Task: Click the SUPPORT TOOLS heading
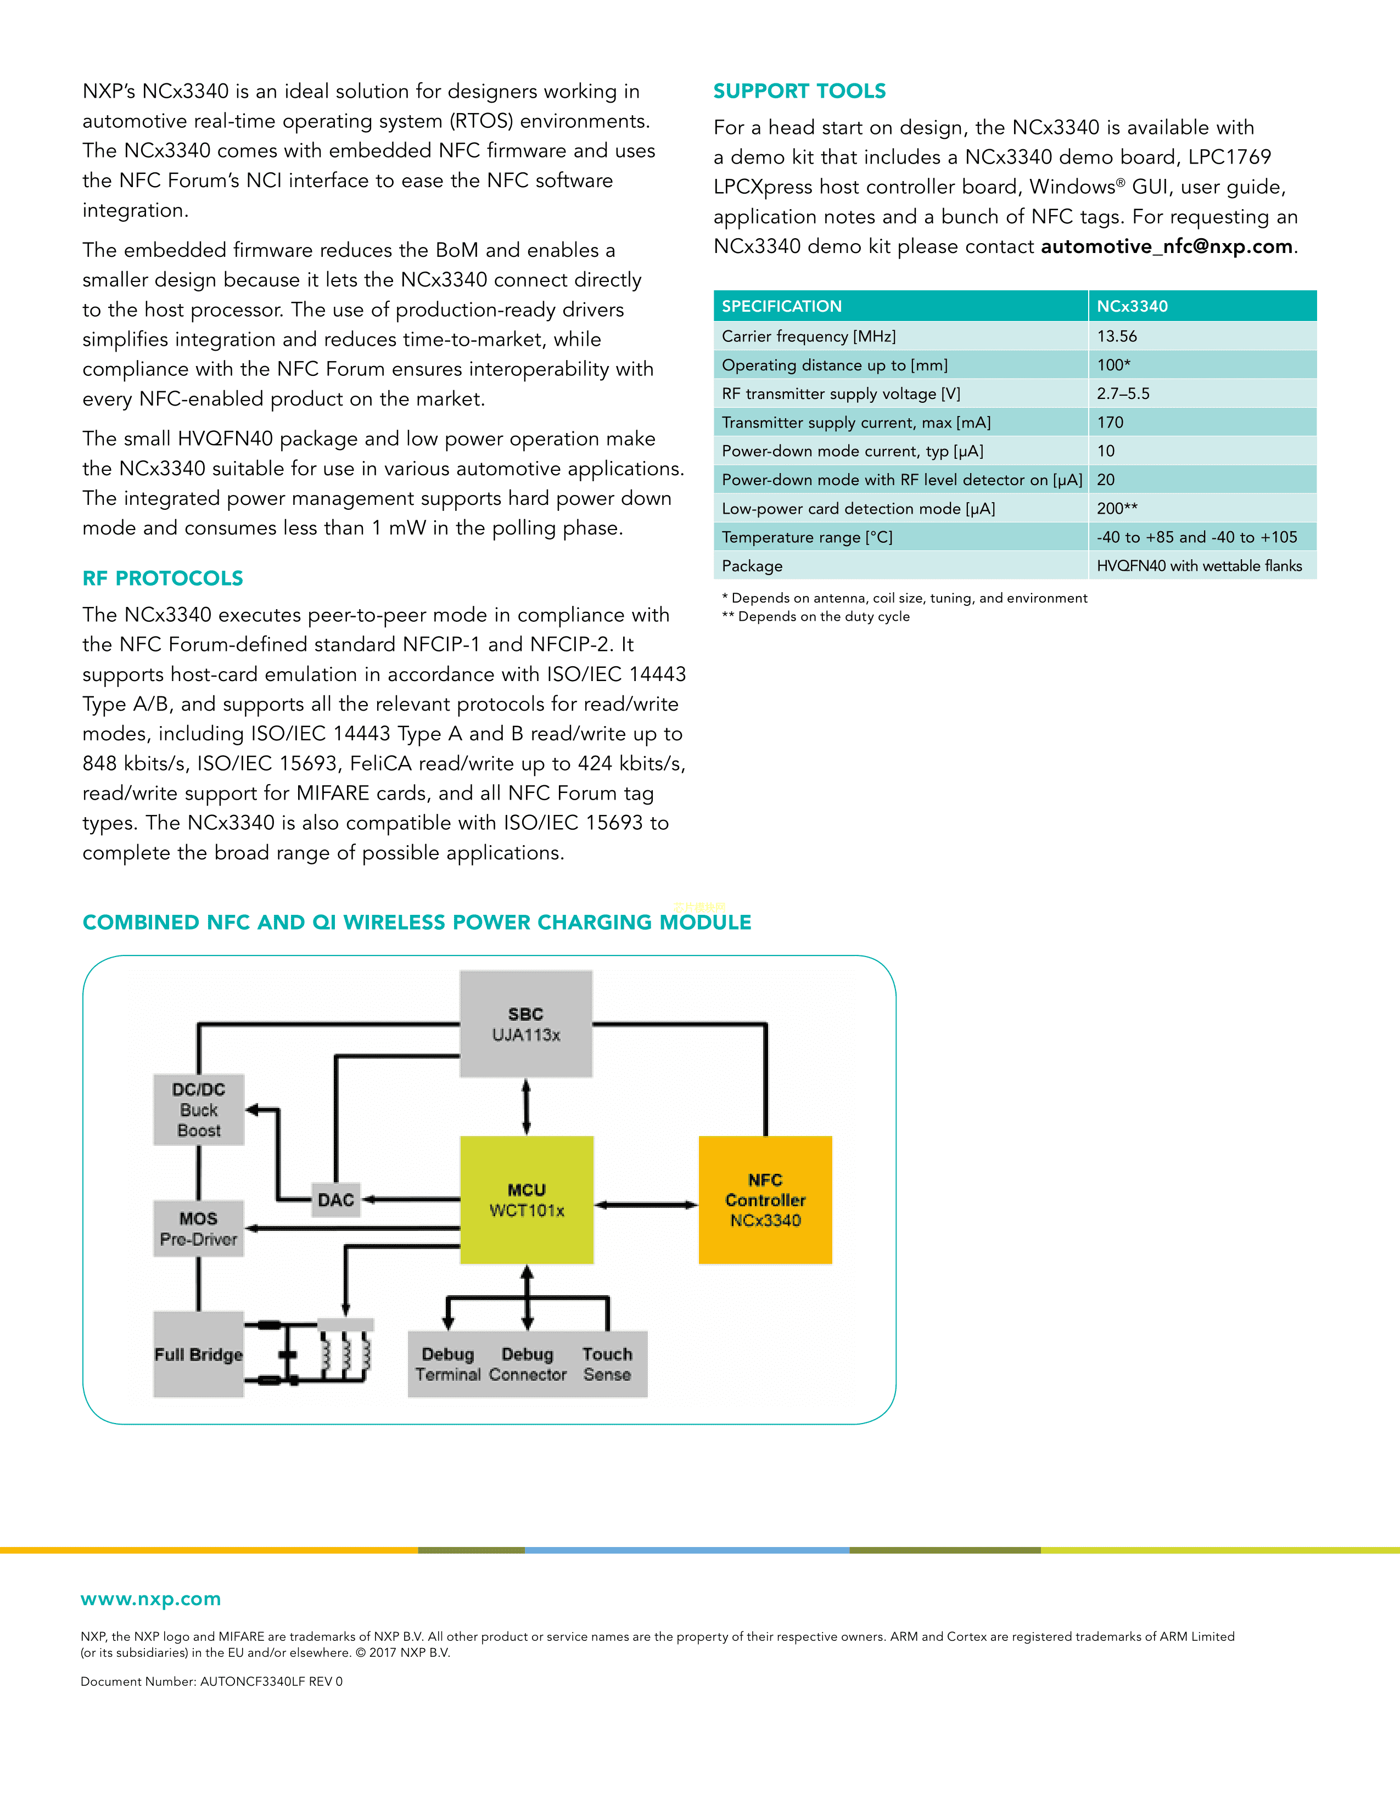point(799,91)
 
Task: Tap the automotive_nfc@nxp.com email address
point(1166,246)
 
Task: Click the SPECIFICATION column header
point(781,306)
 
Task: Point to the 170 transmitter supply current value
point(1110,422)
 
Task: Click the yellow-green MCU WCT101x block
point(527,1199)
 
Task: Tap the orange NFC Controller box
point(765,1199)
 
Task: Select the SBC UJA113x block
point(526,1024)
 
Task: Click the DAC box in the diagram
point(336,1200)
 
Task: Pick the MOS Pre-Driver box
point(198,1228)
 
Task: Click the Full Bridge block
point(198,1354)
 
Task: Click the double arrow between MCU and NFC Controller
point(646,1205)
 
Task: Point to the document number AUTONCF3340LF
point(211,1681)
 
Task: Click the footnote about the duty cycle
point(815,616)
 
